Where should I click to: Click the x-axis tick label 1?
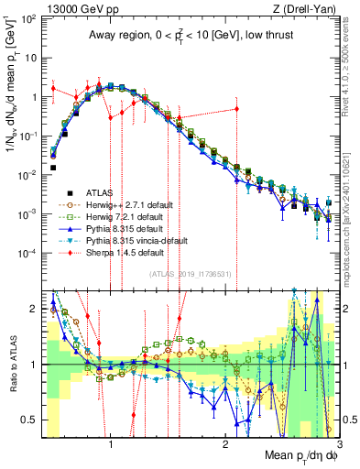point(111,446)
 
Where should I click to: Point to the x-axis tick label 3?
point(339,446)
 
